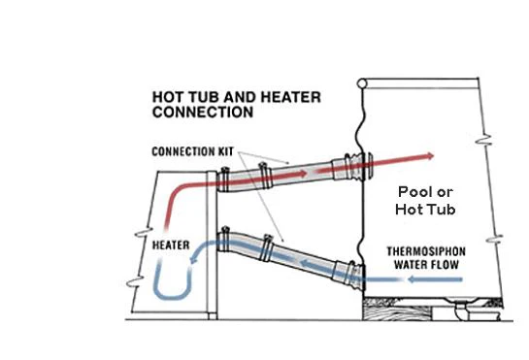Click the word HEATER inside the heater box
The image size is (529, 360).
171,245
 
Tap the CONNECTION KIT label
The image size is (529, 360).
192,151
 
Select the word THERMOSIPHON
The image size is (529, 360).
426,251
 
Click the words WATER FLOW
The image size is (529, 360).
426,265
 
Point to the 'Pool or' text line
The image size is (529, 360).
425,192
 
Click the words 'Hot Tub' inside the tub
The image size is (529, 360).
425,210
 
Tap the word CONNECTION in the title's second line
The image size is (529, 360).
203,112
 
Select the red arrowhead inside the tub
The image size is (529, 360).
430,156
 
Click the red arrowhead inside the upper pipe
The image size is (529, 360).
302,174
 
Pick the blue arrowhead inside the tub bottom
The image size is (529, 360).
413,279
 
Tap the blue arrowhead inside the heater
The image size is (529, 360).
193,259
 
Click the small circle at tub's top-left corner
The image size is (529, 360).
362,83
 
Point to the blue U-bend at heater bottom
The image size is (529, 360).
172,297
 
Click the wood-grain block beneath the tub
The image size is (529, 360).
397,310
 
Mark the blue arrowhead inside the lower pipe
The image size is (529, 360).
305,263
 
